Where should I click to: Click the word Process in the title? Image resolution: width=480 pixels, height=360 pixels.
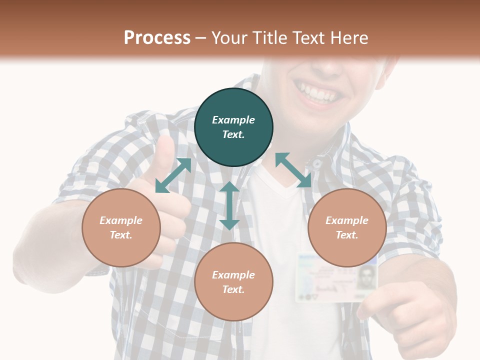[157, 38]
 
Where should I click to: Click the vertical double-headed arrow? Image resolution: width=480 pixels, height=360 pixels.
[229, 205]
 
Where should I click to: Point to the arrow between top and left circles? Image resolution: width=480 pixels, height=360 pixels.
[173, 175]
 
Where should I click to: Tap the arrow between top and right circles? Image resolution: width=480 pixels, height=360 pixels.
[293, 170]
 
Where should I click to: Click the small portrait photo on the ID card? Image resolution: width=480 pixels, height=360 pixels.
[367, 276]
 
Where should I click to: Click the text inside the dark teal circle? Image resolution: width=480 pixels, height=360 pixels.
[233, 127]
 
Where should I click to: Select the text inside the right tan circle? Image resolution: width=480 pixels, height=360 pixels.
[347, 227]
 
